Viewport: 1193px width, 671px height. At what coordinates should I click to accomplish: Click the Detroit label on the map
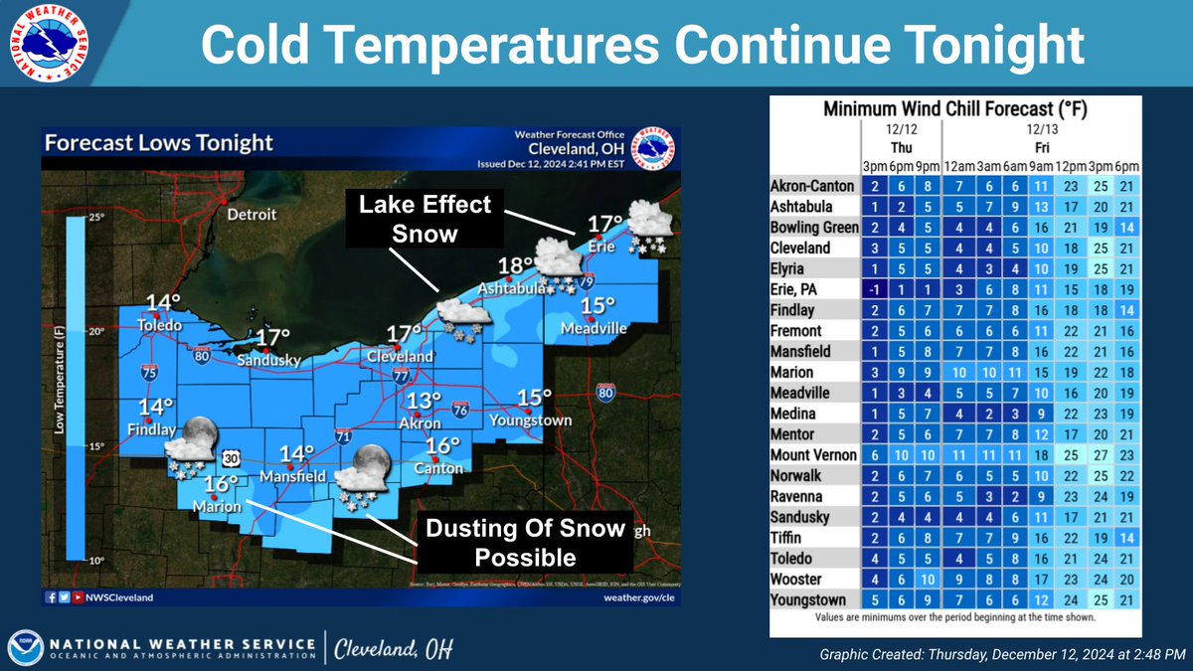pos(254,214)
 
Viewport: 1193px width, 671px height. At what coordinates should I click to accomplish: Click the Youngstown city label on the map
pos(537,420)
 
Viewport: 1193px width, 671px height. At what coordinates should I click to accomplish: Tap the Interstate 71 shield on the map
pos(341,435)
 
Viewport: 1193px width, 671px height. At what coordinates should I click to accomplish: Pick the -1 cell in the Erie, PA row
pos(872,289)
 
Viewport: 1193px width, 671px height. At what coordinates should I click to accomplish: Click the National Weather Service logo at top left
pos(45,44)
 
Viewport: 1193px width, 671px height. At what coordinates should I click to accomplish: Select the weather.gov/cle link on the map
pos(638,597)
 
